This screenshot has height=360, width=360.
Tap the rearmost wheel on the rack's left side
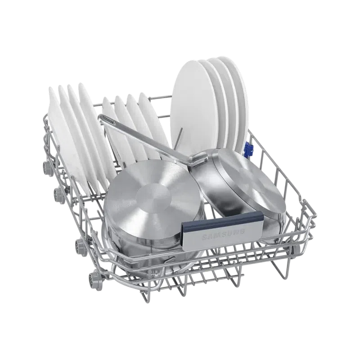click(46, 165)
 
